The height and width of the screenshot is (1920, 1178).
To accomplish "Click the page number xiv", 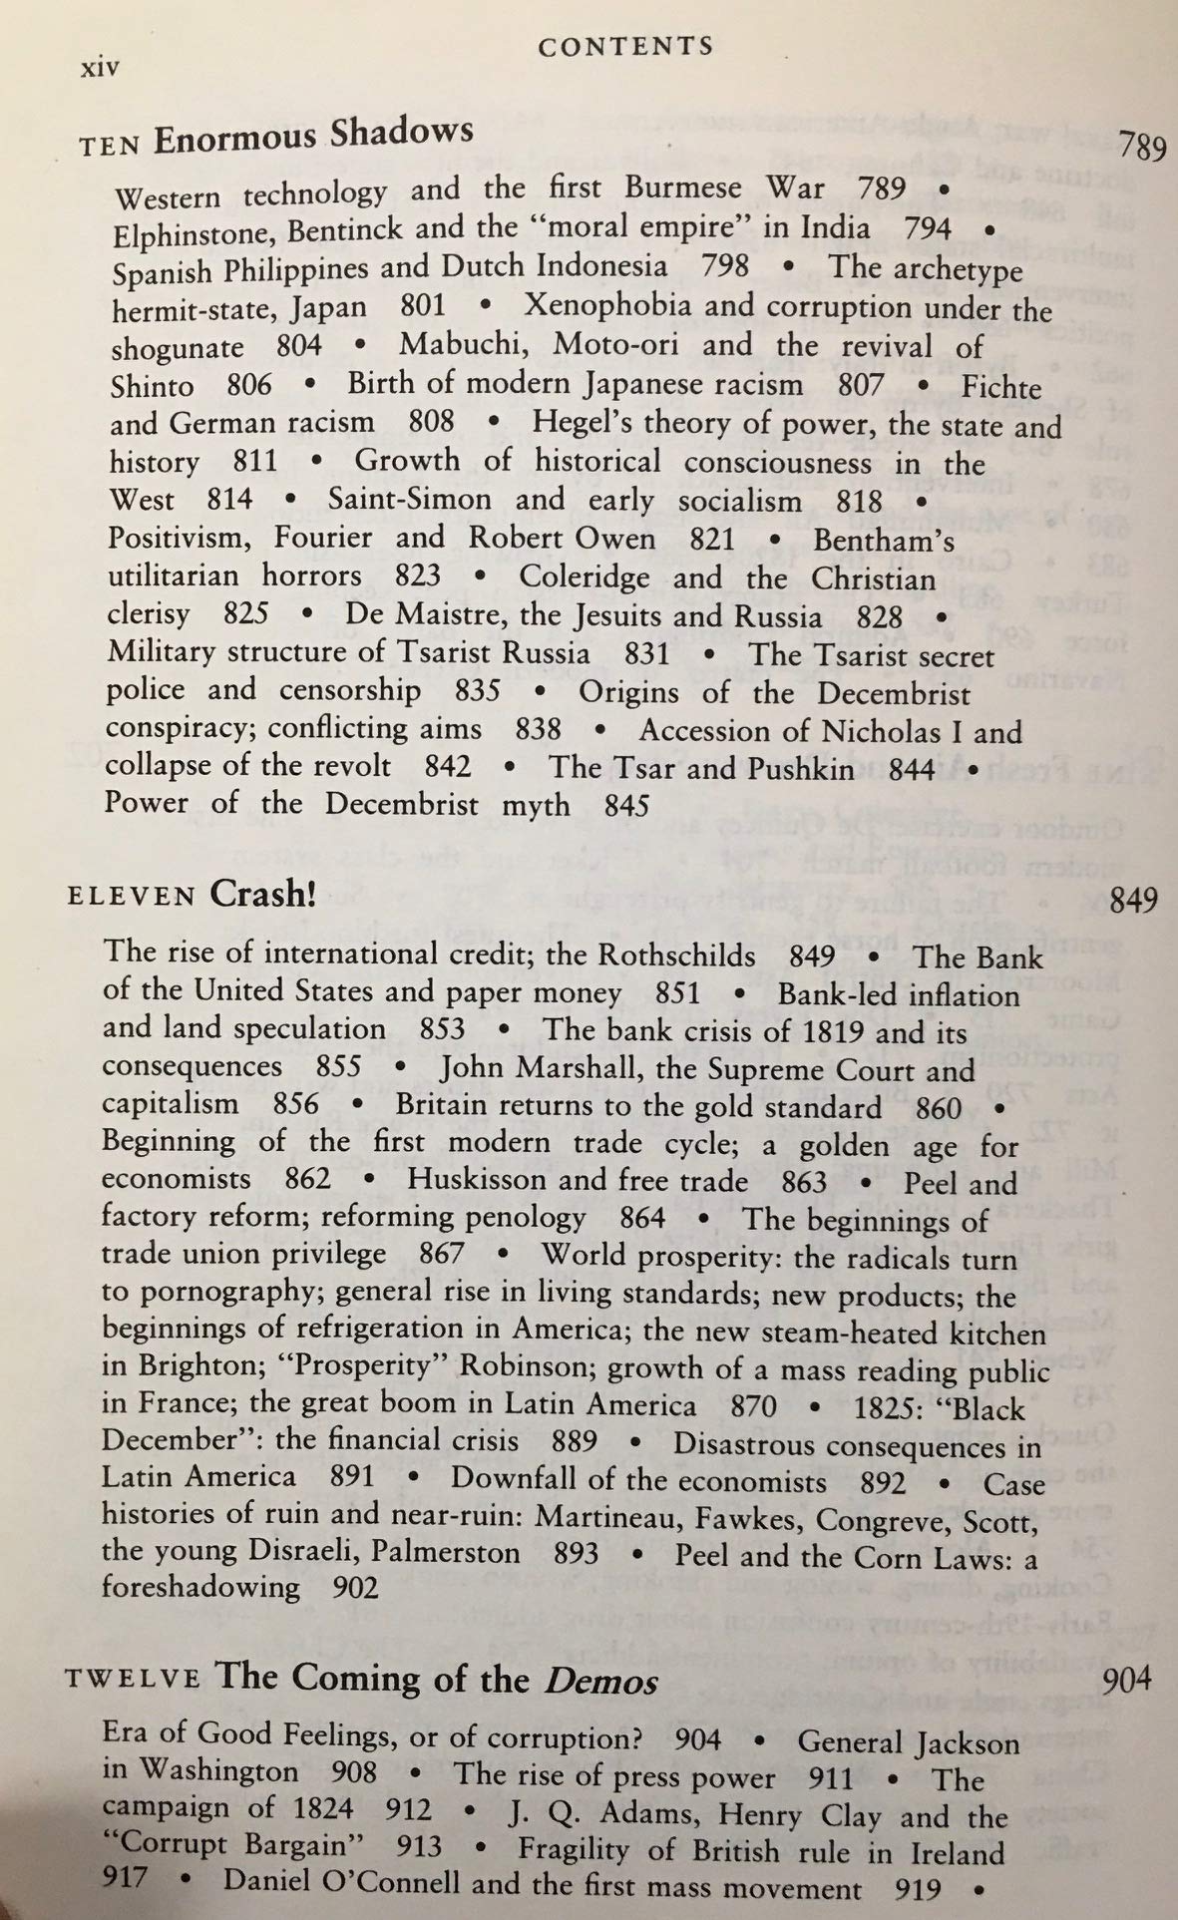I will click(99, 69).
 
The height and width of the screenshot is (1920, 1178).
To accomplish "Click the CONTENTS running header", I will click(625, 46).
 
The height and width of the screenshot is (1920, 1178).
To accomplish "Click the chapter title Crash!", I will click(263, 893).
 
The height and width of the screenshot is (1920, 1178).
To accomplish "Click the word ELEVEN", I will click(130, 896).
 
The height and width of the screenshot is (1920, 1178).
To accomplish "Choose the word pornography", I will click(227, 1293).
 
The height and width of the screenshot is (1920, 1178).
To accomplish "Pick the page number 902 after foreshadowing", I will click(355, 1588).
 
